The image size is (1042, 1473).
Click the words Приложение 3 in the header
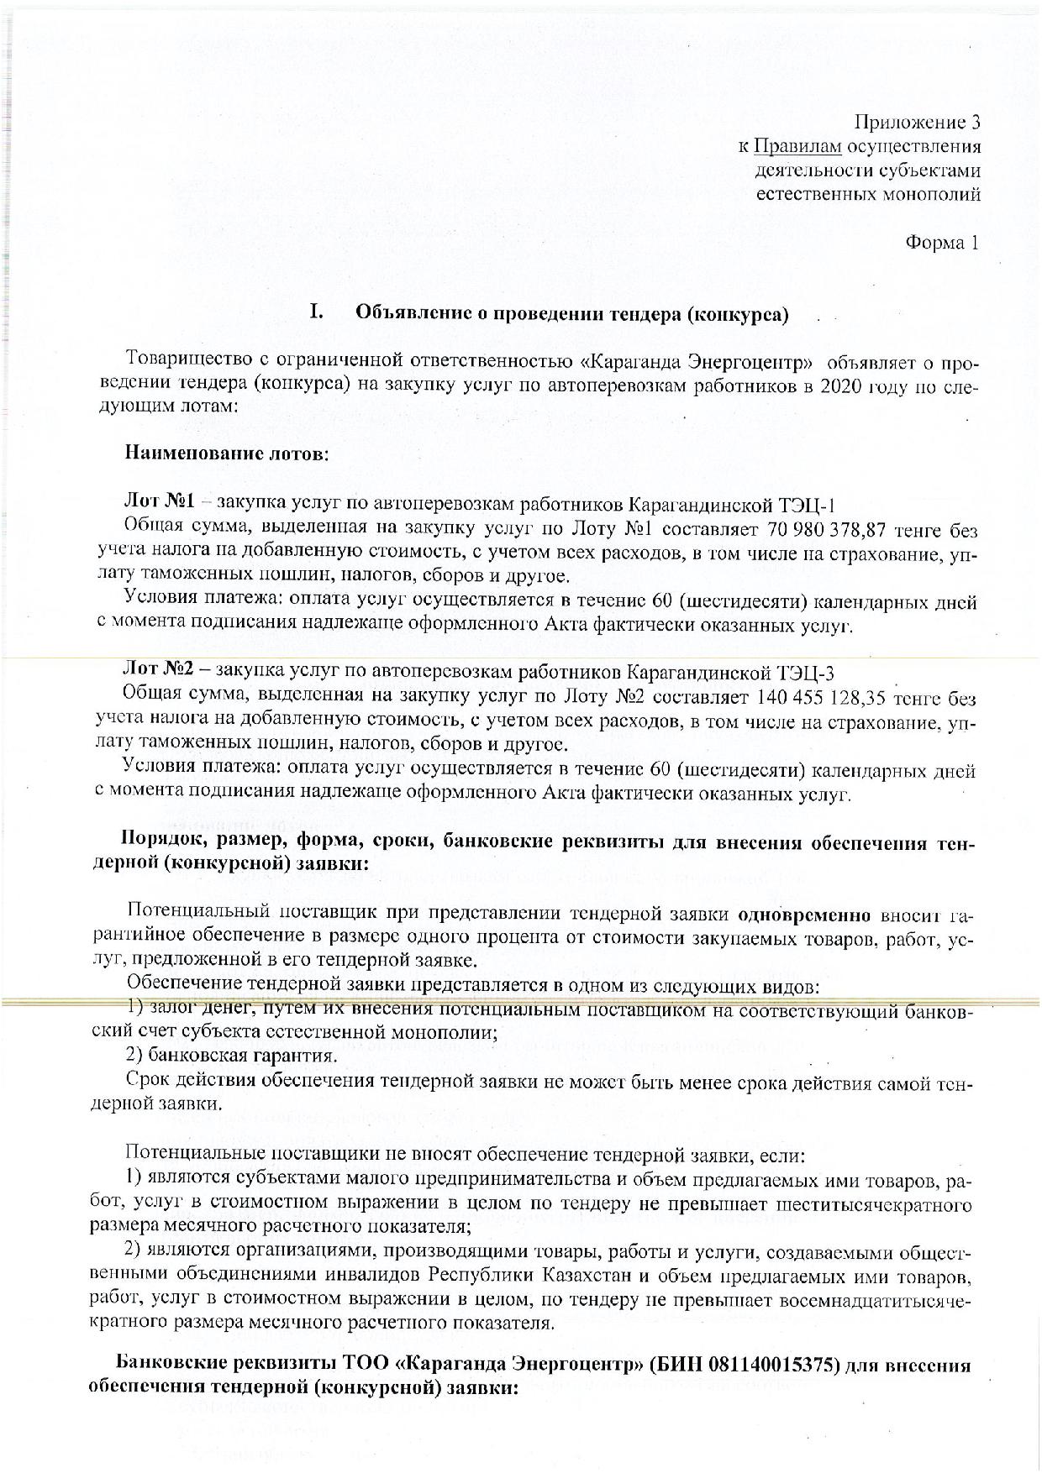coord(918,123)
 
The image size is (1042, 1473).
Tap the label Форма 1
coord(942,243)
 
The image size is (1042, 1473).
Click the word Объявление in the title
coord(411,315)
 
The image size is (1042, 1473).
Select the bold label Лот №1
coord(160,503)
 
